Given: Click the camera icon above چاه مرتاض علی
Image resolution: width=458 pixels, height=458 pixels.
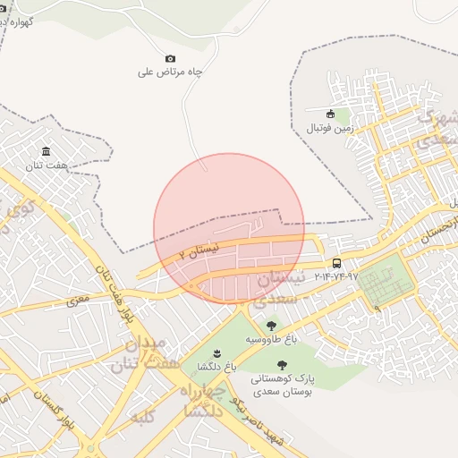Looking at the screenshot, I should point(171,58).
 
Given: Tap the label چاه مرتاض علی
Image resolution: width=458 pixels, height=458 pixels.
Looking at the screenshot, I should point(170,72).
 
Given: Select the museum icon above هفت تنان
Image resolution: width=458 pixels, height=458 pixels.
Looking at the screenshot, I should point(46,151).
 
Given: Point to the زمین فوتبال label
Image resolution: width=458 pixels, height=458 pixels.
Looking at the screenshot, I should point(331,128).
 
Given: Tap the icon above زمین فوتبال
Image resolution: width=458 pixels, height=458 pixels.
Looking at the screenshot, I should point(330,114).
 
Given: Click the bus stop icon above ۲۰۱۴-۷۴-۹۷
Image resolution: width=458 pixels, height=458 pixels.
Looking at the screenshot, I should point(336,263).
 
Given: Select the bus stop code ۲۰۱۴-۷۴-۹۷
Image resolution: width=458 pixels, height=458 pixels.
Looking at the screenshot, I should point(335,276).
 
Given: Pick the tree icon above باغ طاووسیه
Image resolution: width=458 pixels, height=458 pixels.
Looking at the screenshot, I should point(271,327).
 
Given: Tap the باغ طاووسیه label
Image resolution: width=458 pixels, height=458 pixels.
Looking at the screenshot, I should point(267,341).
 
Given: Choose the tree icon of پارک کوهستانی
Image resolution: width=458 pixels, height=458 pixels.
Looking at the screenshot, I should point(282,365).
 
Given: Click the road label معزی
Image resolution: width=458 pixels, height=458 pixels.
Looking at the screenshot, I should point(78,295).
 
